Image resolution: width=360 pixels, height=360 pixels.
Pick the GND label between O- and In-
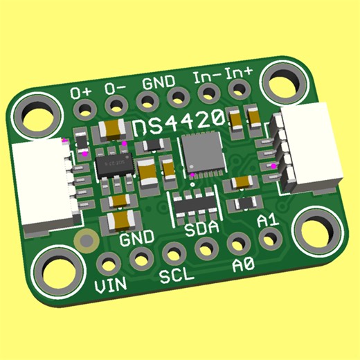coord(159,82)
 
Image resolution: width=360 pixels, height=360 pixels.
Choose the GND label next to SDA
coord(136,240)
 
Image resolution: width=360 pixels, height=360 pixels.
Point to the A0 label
coord(242,265)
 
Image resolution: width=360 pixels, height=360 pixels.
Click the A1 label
coord(267,221)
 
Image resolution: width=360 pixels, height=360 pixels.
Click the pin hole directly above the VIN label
coord(109,264)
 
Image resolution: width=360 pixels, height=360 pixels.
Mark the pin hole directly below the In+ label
coord(240,88)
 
